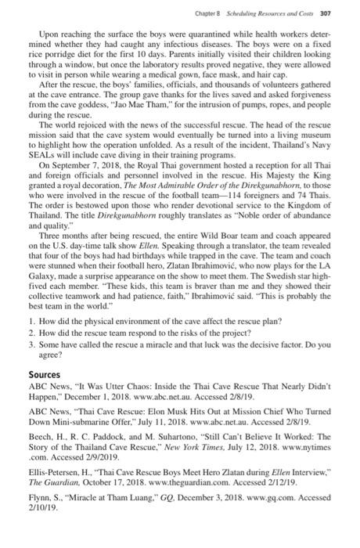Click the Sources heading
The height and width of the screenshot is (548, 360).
click(46, 374)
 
